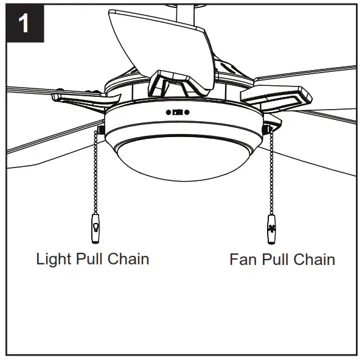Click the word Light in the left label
click(x=54, y=258)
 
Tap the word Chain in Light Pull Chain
click(x=128, y=258)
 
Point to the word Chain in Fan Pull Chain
click(x=313, y=259)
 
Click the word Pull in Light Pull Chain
click(x=89, y=258)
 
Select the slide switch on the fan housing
click(x=177, y=112)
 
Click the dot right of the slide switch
click(x=187, y=112)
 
